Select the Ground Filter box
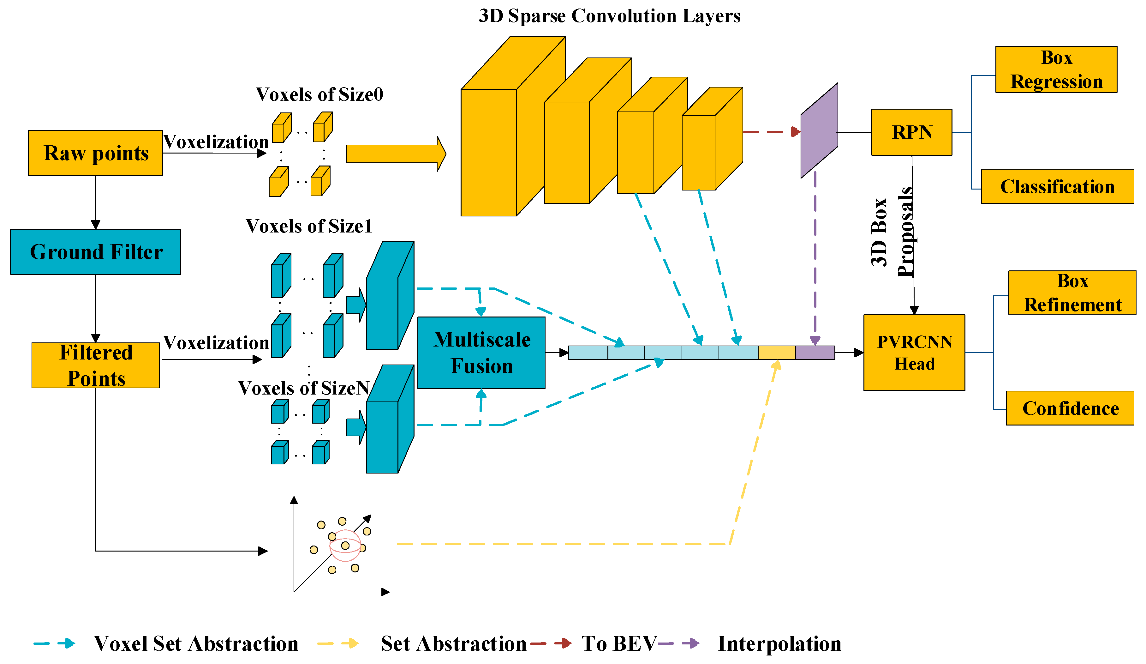click(x=95, y=252)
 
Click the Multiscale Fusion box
click(x=481, y=353)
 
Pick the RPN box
click(x=911, y=132)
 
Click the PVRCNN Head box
click(x=914, y=353)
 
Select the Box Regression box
click(x=1056, y=69)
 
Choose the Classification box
click(x=1057, y=186)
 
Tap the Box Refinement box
click(x=1072, y=293)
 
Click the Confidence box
click(x=1070, y=408)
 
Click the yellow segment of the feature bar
click(x=776, y=353)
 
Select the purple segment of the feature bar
click(x=815, y=353)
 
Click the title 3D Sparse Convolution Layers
click(x=609, y=16)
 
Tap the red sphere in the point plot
click(x=345, y=545)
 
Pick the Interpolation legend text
click(x=779, y=643)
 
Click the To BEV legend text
click(x=618, y=643)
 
